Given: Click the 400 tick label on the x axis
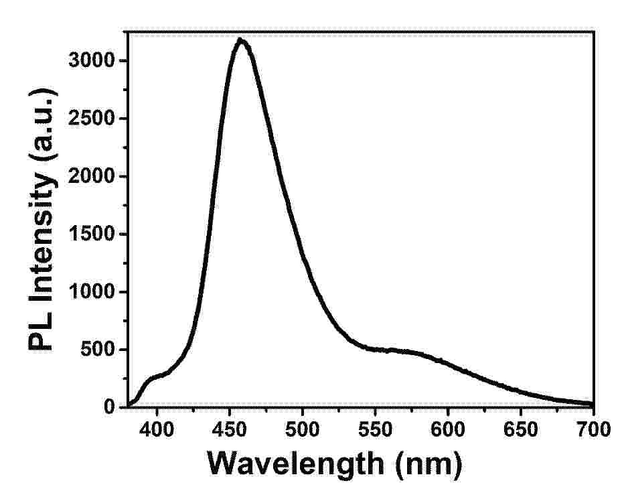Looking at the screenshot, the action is (157, 429).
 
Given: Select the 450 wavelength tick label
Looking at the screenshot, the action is (229, 429).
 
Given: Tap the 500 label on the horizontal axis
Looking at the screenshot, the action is (303, 429).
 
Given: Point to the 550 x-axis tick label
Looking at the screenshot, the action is (375, 429).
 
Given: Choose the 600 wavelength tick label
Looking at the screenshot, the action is (448, 429).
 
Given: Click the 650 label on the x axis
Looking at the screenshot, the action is (520, 429).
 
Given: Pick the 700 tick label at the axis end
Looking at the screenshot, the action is (593, 429).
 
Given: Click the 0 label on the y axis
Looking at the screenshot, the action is (109, 407).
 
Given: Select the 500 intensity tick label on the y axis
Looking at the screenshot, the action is (98, 350).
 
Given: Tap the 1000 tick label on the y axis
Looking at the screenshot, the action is (92, 292).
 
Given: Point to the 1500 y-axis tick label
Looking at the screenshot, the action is (92, 234).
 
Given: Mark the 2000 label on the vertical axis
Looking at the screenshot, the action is (92, 176).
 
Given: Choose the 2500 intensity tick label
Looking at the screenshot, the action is (92, 119).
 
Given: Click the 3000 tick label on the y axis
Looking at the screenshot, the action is (92, 60).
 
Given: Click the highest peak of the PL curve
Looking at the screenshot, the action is (240, 39).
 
